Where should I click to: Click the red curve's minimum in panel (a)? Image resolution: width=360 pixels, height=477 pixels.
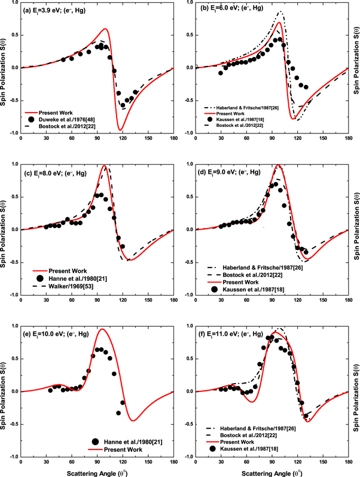pos(70,130)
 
